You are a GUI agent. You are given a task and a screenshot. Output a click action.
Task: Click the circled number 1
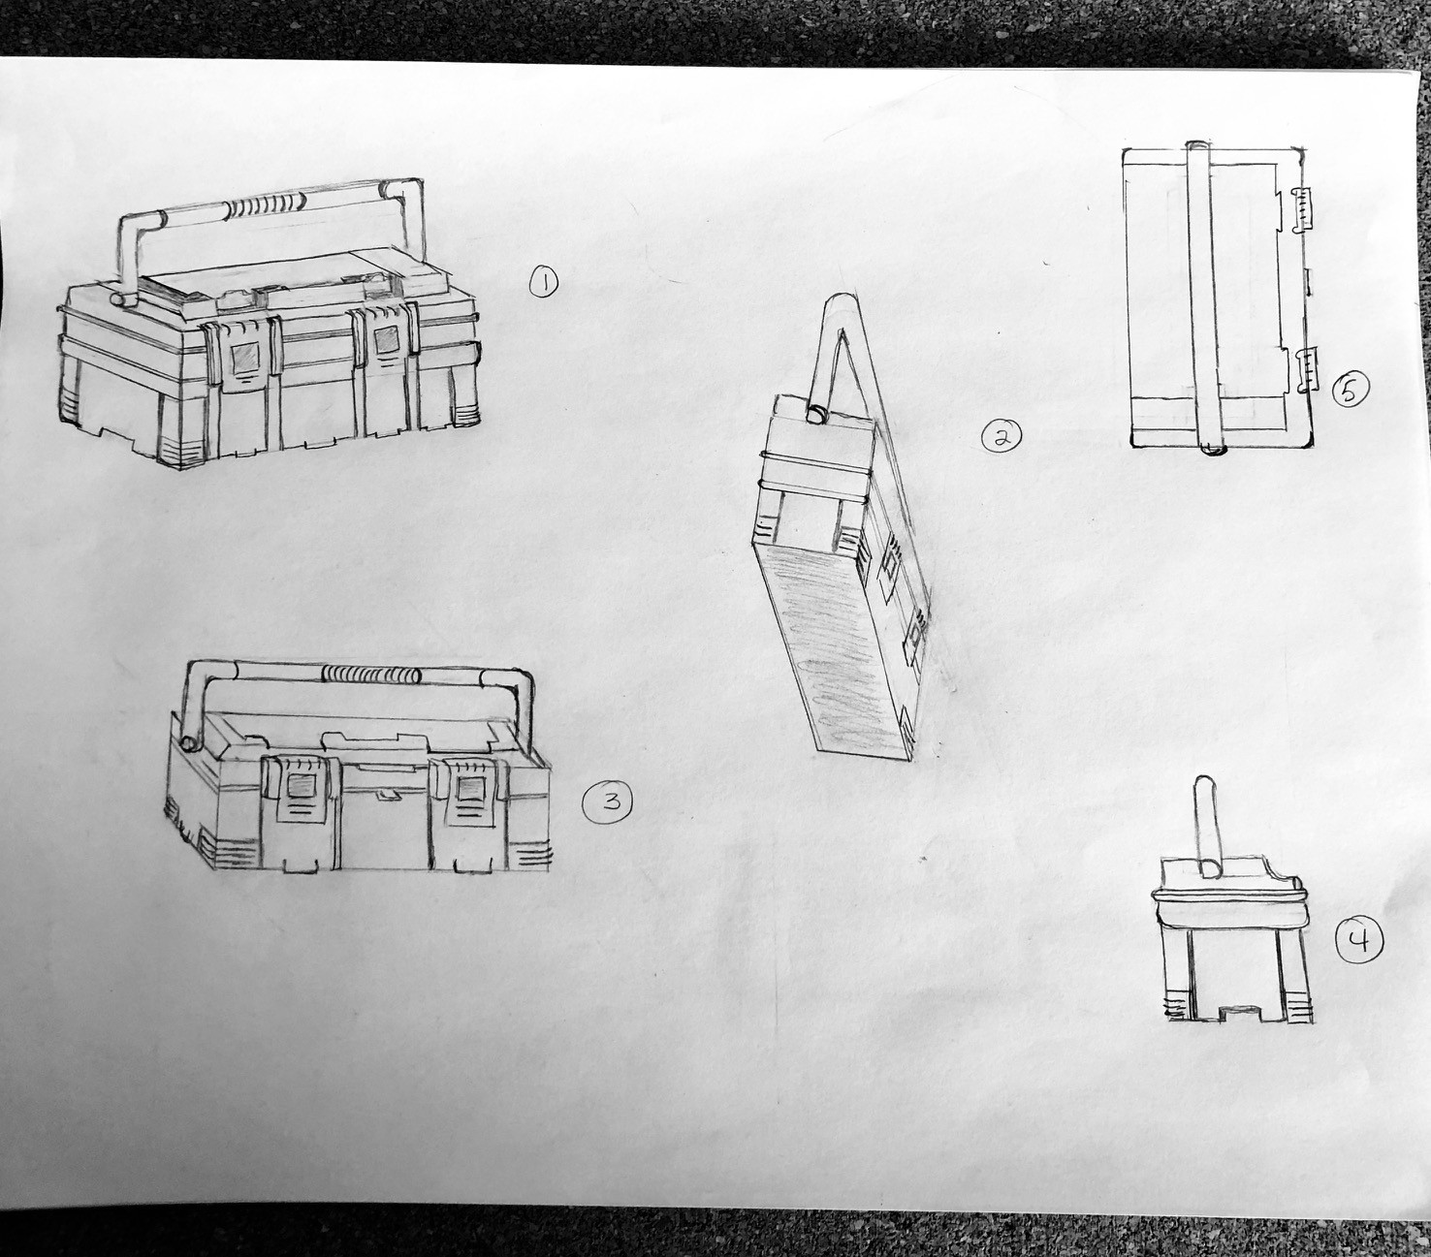(x=544, y=284)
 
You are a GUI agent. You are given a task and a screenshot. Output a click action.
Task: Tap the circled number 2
(x=1002, y=436)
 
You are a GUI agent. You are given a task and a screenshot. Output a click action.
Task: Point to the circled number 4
(x=1359, y=941)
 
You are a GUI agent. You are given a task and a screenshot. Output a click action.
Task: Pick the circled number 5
(x=1350, y=390)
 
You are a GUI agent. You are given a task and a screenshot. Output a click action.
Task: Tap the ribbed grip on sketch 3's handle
(x=371, y=674)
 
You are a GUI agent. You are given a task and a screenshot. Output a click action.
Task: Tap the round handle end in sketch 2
(x=818, y=414)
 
